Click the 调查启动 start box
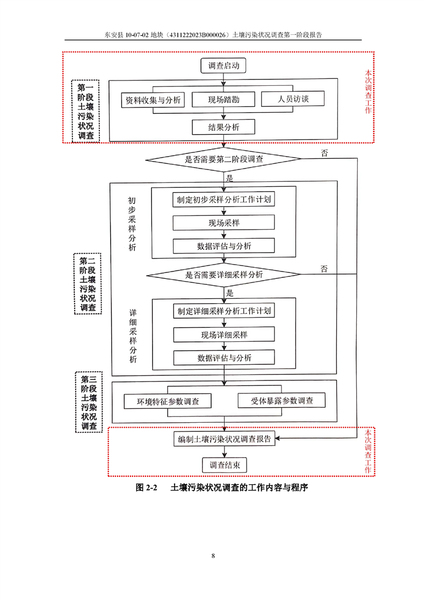tap(223, 65)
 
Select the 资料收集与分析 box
tap(153, 100)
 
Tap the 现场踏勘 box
tap(223, 99)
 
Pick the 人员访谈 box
tap(293, 99)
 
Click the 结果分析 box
tap(223, 127)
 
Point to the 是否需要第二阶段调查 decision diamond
tap(223, 159)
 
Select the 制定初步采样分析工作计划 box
tap(224, 199)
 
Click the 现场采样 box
tap(224, 223)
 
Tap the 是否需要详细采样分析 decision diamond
tap(224, 275)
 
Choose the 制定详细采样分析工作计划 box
tap(224, 311)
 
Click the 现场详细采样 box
tap(224, 334)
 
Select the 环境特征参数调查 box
tap(168, 401)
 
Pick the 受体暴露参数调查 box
tap(282, 400)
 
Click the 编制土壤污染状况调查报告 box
tap(225, 439)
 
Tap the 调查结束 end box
tap(225, 465)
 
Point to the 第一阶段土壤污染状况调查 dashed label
tap(86, 112)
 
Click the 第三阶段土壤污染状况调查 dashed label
tap(89, 402)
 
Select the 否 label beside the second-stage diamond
tap(324, 153)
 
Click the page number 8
tap(213, 555)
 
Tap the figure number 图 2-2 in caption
tap(147, 488)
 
